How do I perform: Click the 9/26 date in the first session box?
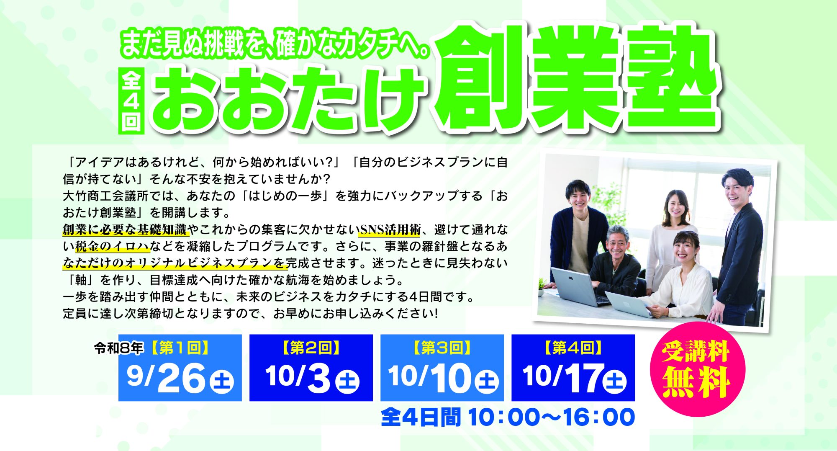(166, 378)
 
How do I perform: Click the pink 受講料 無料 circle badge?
(697, 369)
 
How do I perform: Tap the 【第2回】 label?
(311, 348)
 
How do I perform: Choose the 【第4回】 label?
(573, 348)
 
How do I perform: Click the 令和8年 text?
(119, 348)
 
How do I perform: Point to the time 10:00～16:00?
(551, 417)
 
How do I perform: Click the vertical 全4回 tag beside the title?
(131, 101)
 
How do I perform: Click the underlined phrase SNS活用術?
(390, 230)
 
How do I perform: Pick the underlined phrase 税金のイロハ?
(113, 247)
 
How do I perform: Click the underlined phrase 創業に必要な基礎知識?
(124, 230)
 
